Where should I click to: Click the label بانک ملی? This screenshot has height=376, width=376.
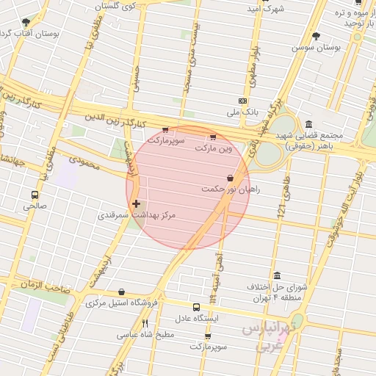(224, 112)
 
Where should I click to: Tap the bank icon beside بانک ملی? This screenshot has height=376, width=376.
(243, 101)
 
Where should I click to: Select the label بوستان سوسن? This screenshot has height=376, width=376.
(317, 47)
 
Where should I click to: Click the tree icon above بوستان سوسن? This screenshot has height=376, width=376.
(317, 35)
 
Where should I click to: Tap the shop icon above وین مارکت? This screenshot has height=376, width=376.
(213, 137)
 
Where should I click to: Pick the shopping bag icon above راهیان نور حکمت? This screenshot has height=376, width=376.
(231, 178)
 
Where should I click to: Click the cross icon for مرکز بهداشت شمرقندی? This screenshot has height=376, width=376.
(136, 203)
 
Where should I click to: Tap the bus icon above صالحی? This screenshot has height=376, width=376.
(35, 195)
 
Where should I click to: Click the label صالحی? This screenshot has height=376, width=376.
(35, 206)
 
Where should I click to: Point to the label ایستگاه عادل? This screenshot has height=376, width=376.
(196, 319)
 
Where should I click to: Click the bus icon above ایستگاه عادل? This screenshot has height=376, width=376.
(196, 308)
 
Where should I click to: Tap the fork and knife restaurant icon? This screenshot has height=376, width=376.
(145, 323)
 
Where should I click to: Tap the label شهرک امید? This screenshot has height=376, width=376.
(265, 9)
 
